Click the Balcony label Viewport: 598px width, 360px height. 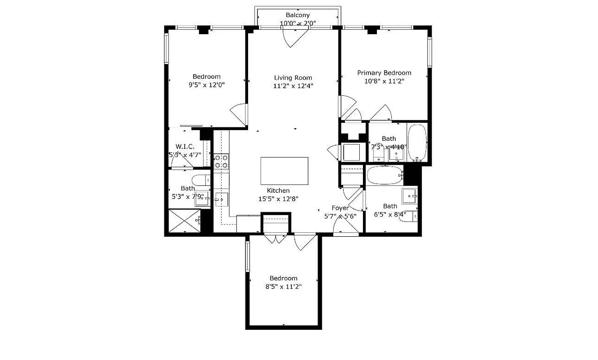coord(298,15)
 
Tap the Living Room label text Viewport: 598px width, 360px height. coord(293,77)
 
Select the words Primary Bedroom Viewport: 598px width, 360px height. coord(384,72)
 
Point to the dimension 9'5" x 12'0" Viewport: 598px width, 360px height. coord(207,85)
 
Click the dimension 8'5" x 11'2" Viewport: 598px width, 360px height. coord(283,286)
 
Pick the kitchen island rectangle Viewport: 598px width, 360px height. coord(285,171)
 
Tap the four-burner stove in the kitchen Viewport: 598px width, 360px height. coord(221,162)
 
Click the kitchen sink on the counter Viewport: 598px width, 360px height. coord(222,198)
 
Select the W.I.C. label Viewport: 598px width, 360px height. coord(185,147)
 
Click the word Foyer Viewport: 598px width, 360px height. coord(340,208)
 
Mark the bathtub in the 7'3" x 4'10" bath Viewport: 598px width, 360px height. coord(417,143)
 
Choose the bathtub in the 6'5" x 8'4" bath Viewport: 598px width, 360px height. coord(384,175)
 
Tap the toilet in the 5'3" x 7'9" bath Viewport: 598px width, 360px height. coord(202,180)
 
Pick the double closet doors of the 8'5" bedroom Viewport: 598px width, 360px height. coord(275,239)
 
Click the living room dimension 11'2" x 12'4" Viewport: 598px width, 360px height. coord(293,85)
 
